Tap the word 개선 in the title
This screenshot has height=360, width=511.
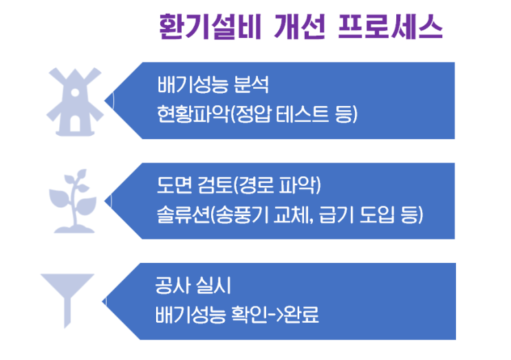click(x=300, y=27)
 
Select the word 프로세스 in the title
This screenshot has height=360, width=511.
click(x=391, y=27)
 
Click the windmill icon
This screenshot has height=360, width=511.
click(x=75, y=102)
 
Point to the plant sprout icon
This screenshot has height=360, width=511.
click(x=74, y=201)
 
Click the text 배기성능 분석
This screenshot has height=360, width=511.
click(x=213, y=85)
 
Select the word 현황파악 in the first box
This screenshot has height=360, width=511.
click(x=193, y=114)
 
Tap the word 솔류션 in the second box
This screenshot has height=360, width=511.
click(x=183, y=215)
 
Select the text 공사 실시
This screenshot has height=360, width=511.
click(x=193, y=286)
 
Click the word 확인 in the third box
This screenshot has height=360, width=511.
click(x=249, y=315)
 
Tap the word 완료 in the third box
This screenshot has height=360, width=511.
click(x=301, y=315)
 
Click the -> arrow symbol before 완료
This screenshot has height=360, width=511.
click(x=275, y=315)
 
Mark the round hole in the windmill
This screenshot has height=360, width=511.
click(x=75, y=93)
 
